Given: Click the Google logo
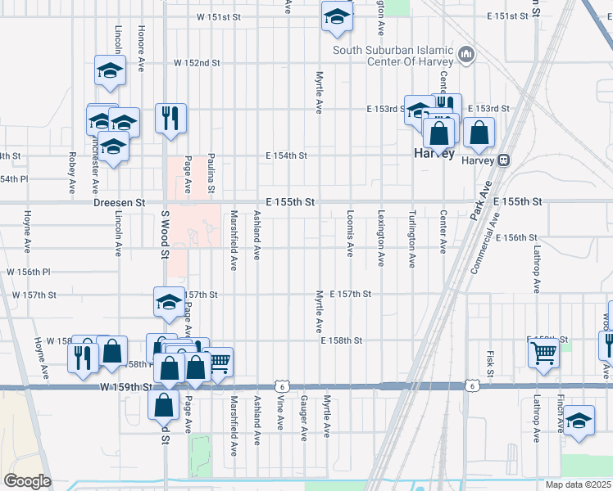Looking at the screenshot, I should click(26, 481).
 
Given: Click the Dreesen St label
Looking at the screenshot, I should click(119, 202).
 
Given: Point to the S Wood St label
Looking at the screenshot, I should click(165, 234).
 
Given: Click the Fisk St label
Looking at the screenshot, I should click(489, 364).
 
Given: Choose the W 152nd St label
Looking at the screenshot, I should click(197, 63).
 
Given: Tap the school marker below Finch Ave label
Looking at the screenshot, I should click(579, 422).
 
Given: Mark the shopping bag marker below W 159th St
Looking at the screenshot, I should click(164, 404).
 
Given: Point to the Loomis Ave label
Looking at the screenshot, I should click(350, 236).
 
